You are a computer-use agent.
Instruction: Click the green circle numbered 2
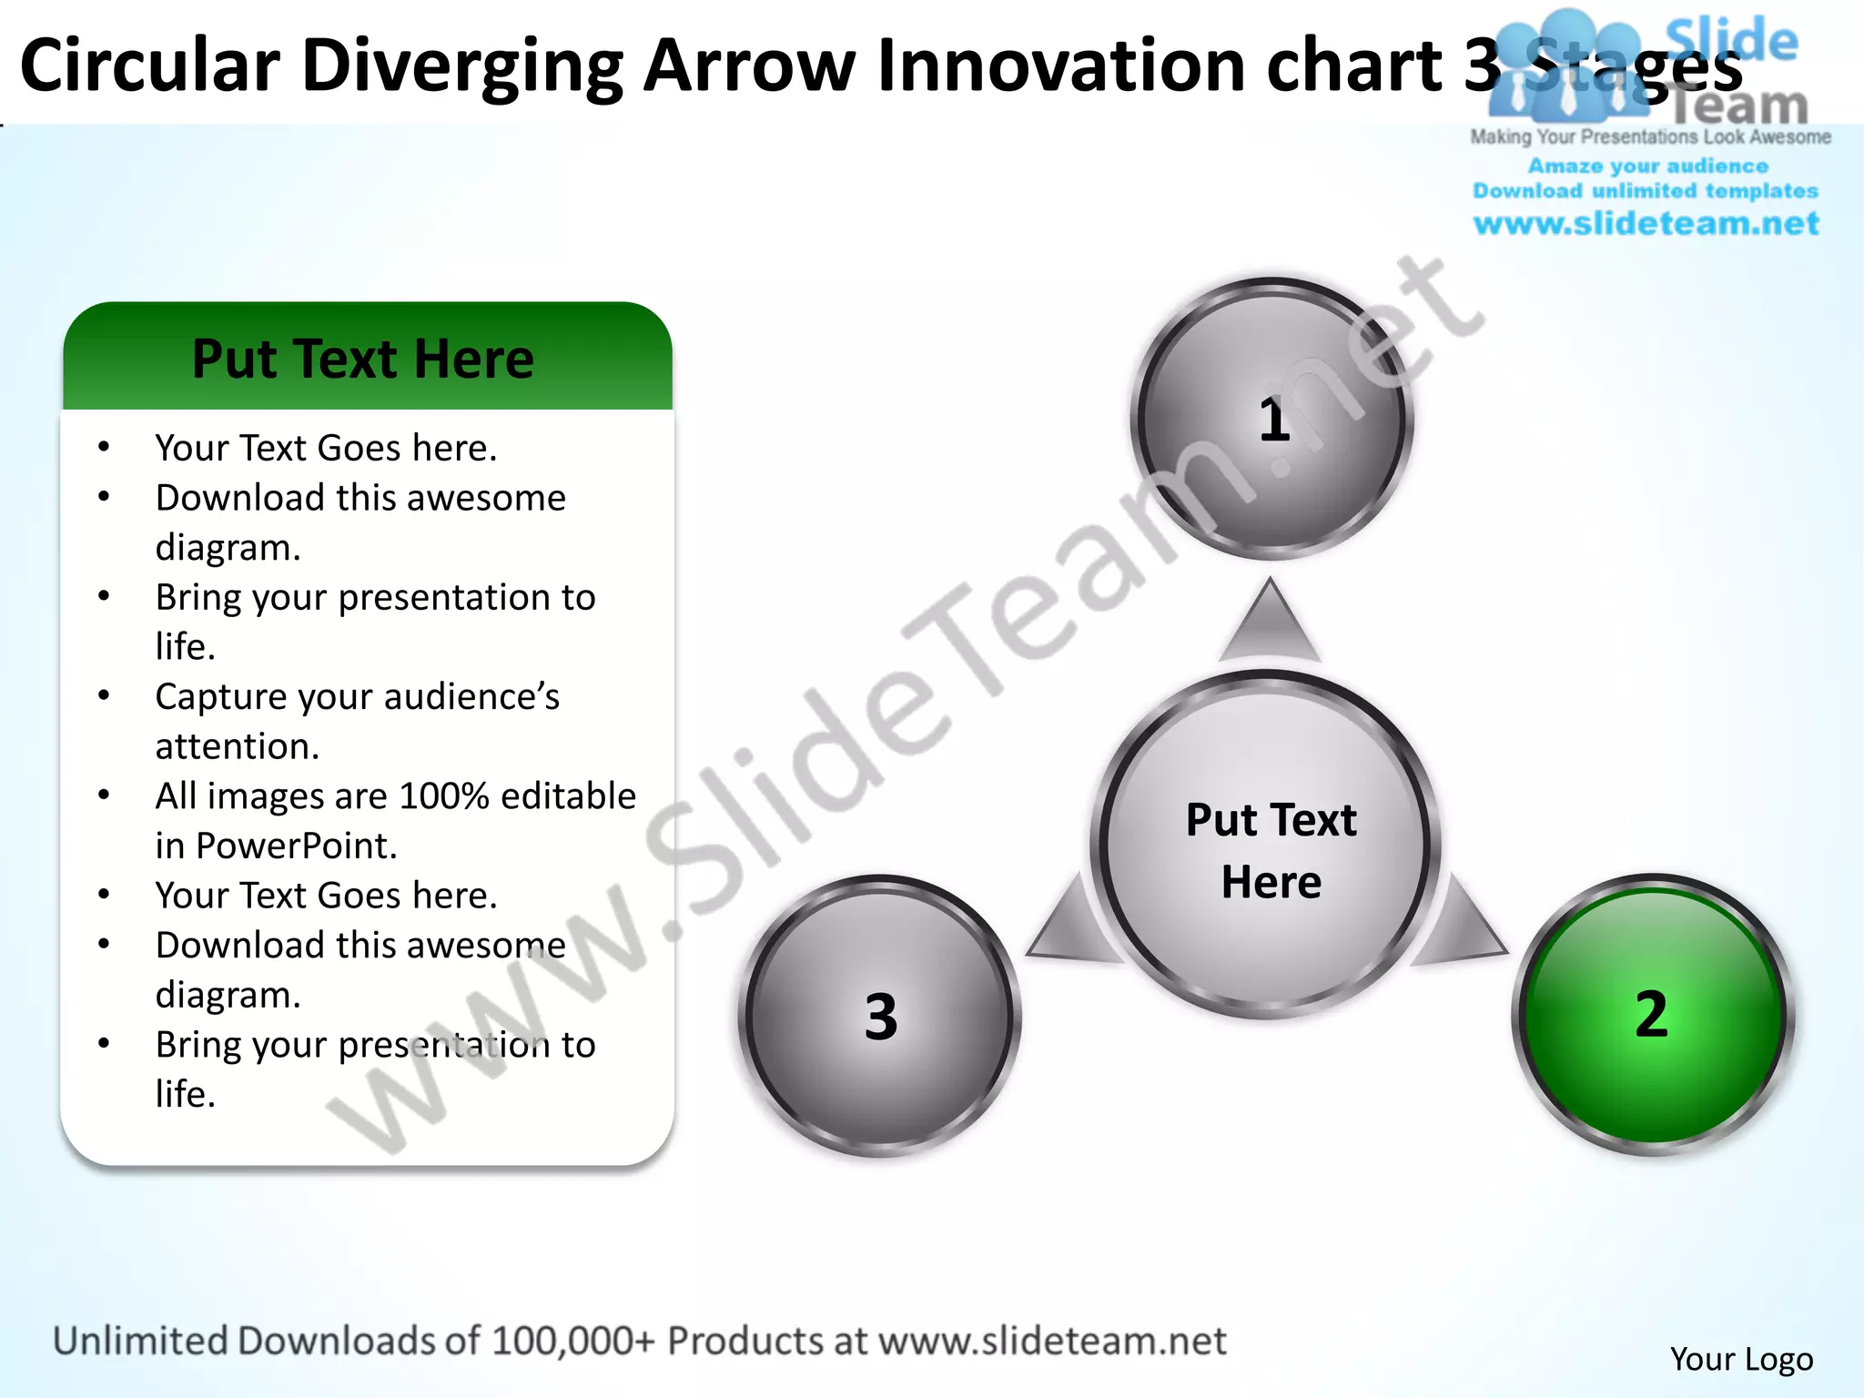[1652, 1015]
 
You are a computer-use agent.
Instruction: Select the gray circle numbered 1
[1271, 419]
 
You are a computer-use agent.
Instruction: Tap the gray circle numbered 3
[879, 1016]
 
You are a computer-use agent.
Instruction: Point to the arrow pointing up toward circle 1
[1270, 623]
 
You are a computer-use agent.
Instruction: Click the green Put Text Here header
[364, 358]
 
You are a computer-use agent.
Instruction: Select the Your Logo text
[1741, 1359]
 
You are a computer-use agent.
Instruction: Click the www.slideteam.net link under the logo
[1646, 223]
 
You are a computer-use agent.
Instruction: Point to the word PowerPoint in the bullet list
[296, 846]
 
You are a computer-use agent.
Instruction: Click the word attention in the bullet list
[236, 746]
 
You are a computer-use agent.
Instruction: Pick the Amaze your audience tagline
[1647, 166]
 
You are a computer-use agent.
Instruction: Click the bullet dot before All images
[104, 795]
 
